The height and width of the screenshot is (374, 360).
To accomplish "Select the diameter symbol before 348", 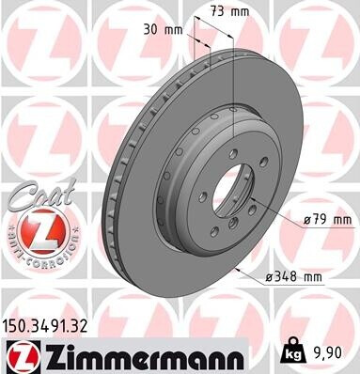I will pos(270,276).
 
